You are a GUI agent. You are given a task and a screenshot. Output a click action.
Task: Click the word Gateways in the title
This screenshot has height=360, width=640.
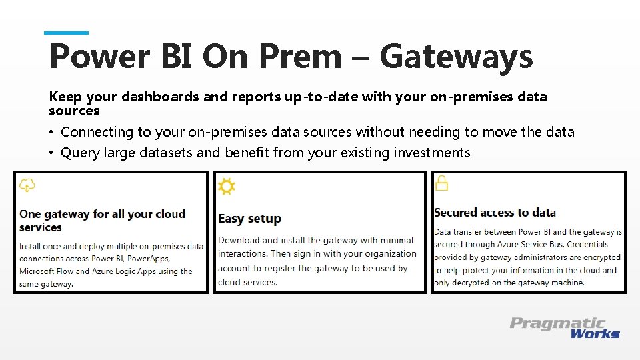pos(456,57)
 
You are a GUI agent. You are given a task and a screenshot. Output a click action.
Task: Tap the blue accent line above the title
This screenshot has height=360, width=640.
pos(66,33)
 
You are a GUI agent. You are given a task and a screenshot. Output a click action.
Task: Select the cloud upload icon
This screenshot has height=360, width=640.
pos(27,185)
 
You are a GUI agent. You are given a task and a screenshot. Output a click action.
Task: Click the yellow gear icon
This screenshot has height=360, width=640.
pos(227,187)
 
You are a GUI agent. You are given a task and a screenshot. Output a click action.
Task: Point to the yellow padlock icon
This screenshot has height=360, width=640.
pos(441,183)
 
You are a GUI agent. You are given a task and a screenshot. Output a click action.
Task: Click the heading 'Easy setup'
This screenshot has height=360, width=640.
pos(249,219)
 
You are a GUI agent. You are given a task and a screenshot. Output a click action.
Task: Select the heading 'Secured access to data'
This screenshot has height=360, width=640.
pos(495,213)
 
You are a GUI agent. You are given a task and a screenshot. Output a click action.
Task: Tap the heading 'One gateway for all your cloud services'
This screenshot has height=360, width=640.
pos(103,221)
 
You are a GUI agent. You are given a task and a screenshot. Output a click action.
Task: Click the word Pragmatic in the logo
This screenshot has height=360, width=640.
pos(557,323)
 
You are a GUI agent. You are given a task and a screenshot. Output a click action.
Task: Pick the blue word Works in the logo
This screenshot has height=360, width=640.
pos(595,333)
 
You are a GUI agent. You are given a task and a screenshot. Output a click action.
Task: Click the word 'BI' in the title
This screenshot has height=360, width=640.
pos(177,57)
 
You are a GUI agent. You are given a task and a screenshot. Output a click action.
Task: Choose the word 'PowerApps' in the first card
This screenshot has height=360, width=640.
pos(148,258)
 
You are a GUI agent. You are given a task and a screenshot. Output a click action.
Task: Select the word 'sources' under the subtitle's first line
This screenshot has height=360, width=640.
pos(74,111)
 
